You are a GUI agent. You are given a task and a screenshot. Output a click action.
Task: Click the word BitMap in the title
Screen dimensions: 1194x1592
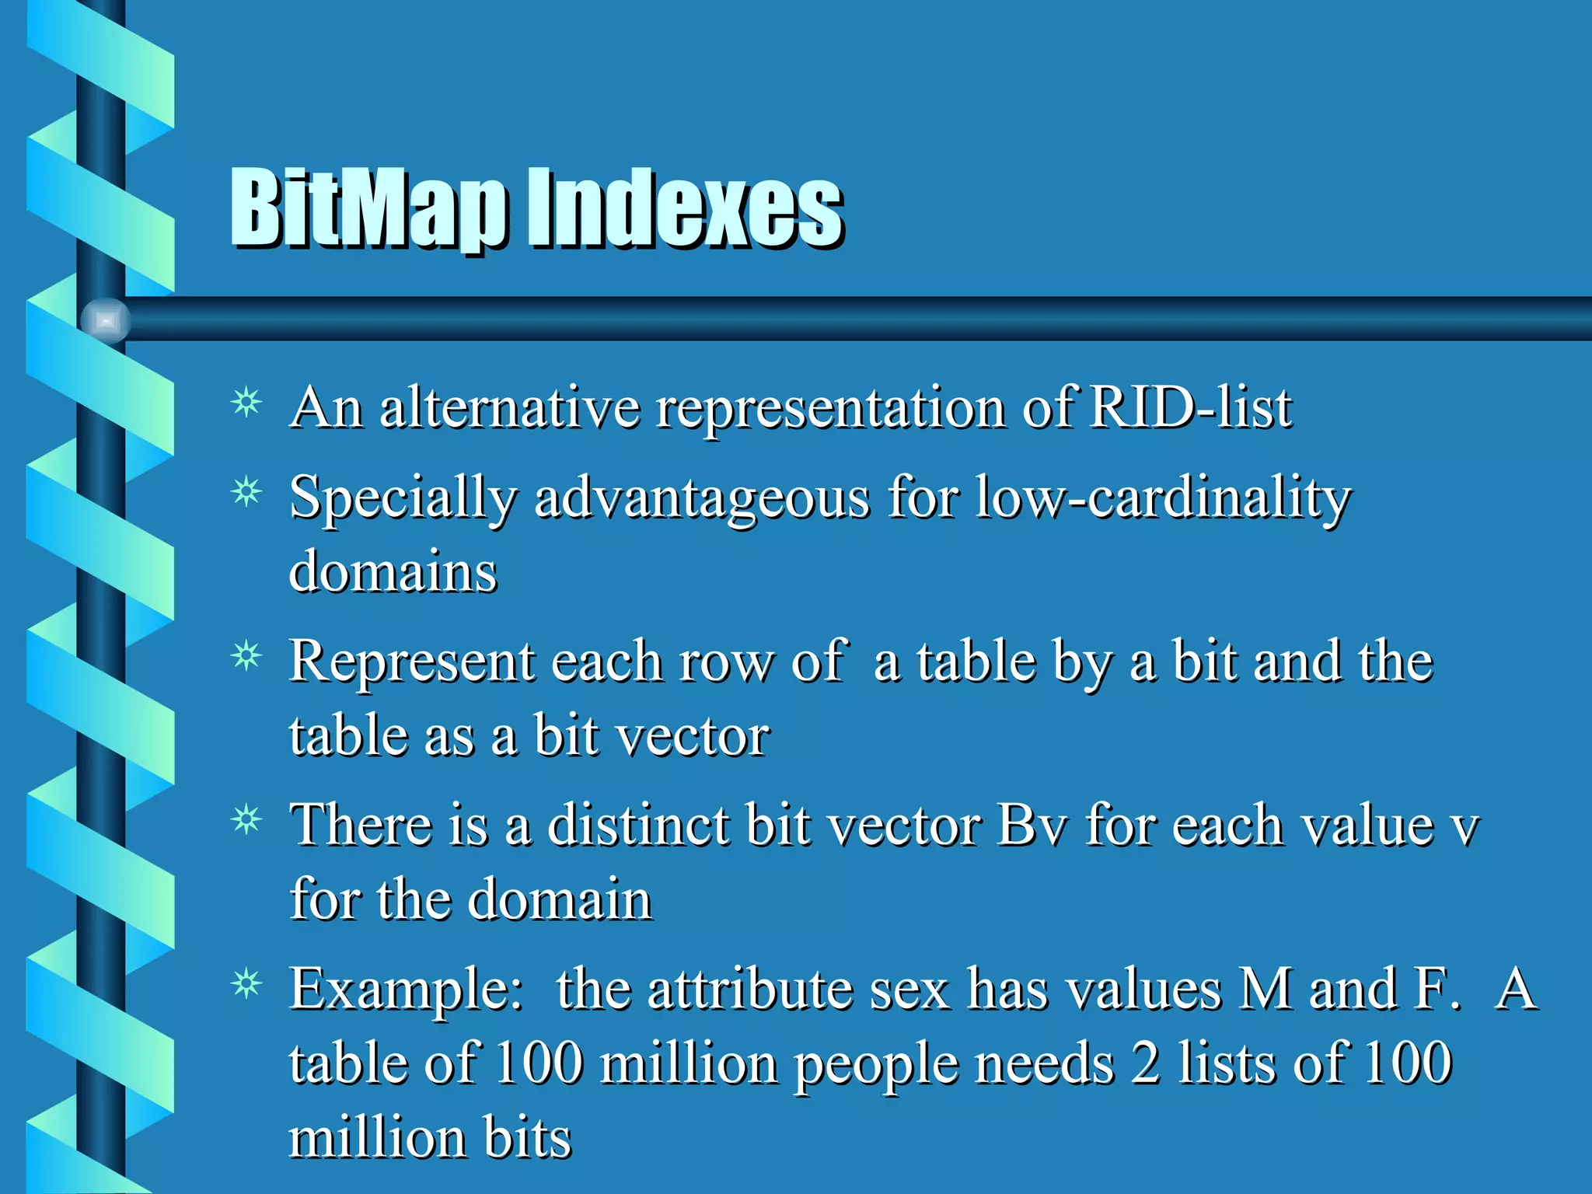coord(369,208)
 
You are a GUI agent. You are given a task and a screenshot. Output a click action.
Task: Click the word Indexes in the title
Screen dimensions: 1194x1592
coord(686,208)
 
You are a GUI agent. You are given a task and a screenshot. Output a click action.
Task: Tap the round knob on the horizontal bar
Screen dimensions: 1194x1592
coord(106,320)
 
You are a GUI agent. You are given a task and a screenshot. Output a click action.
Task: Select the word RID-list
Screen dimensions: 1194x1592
coord(1190,407)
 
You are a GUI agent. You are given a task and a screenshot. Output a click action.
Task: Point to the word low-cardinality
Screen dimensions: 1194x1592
coord(1163,497)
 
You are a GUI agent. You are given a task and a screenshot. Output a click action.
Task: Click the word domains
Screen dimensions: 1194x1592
coord(393,572)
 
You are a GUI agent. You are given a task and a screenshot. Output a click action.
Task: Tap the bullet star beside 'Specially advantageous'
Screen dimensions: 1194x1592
coord(246,493)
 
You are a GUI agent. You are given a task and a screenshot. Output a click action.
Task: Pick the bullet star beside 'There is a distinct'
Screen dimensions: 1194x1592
coord(246,821)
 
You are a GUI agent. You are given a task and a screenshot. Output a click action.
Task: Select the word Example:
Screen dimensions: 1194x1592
coord(406,990)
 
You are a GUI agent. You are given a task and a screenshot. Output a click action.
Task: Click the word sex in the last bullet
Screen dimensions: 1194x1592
coord(909,990)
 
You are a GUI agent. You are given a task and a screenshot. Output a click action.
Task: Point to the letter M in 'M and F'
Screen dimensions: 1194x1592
coord(1266,989)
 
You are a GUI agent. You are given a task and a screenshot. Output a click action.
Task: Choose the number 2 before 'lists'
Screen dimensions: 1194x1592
coord(1145,1063)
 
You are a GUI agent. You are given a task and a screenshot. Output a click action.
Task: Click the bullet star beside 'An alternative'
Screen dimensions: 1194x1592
coord(246,403)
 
